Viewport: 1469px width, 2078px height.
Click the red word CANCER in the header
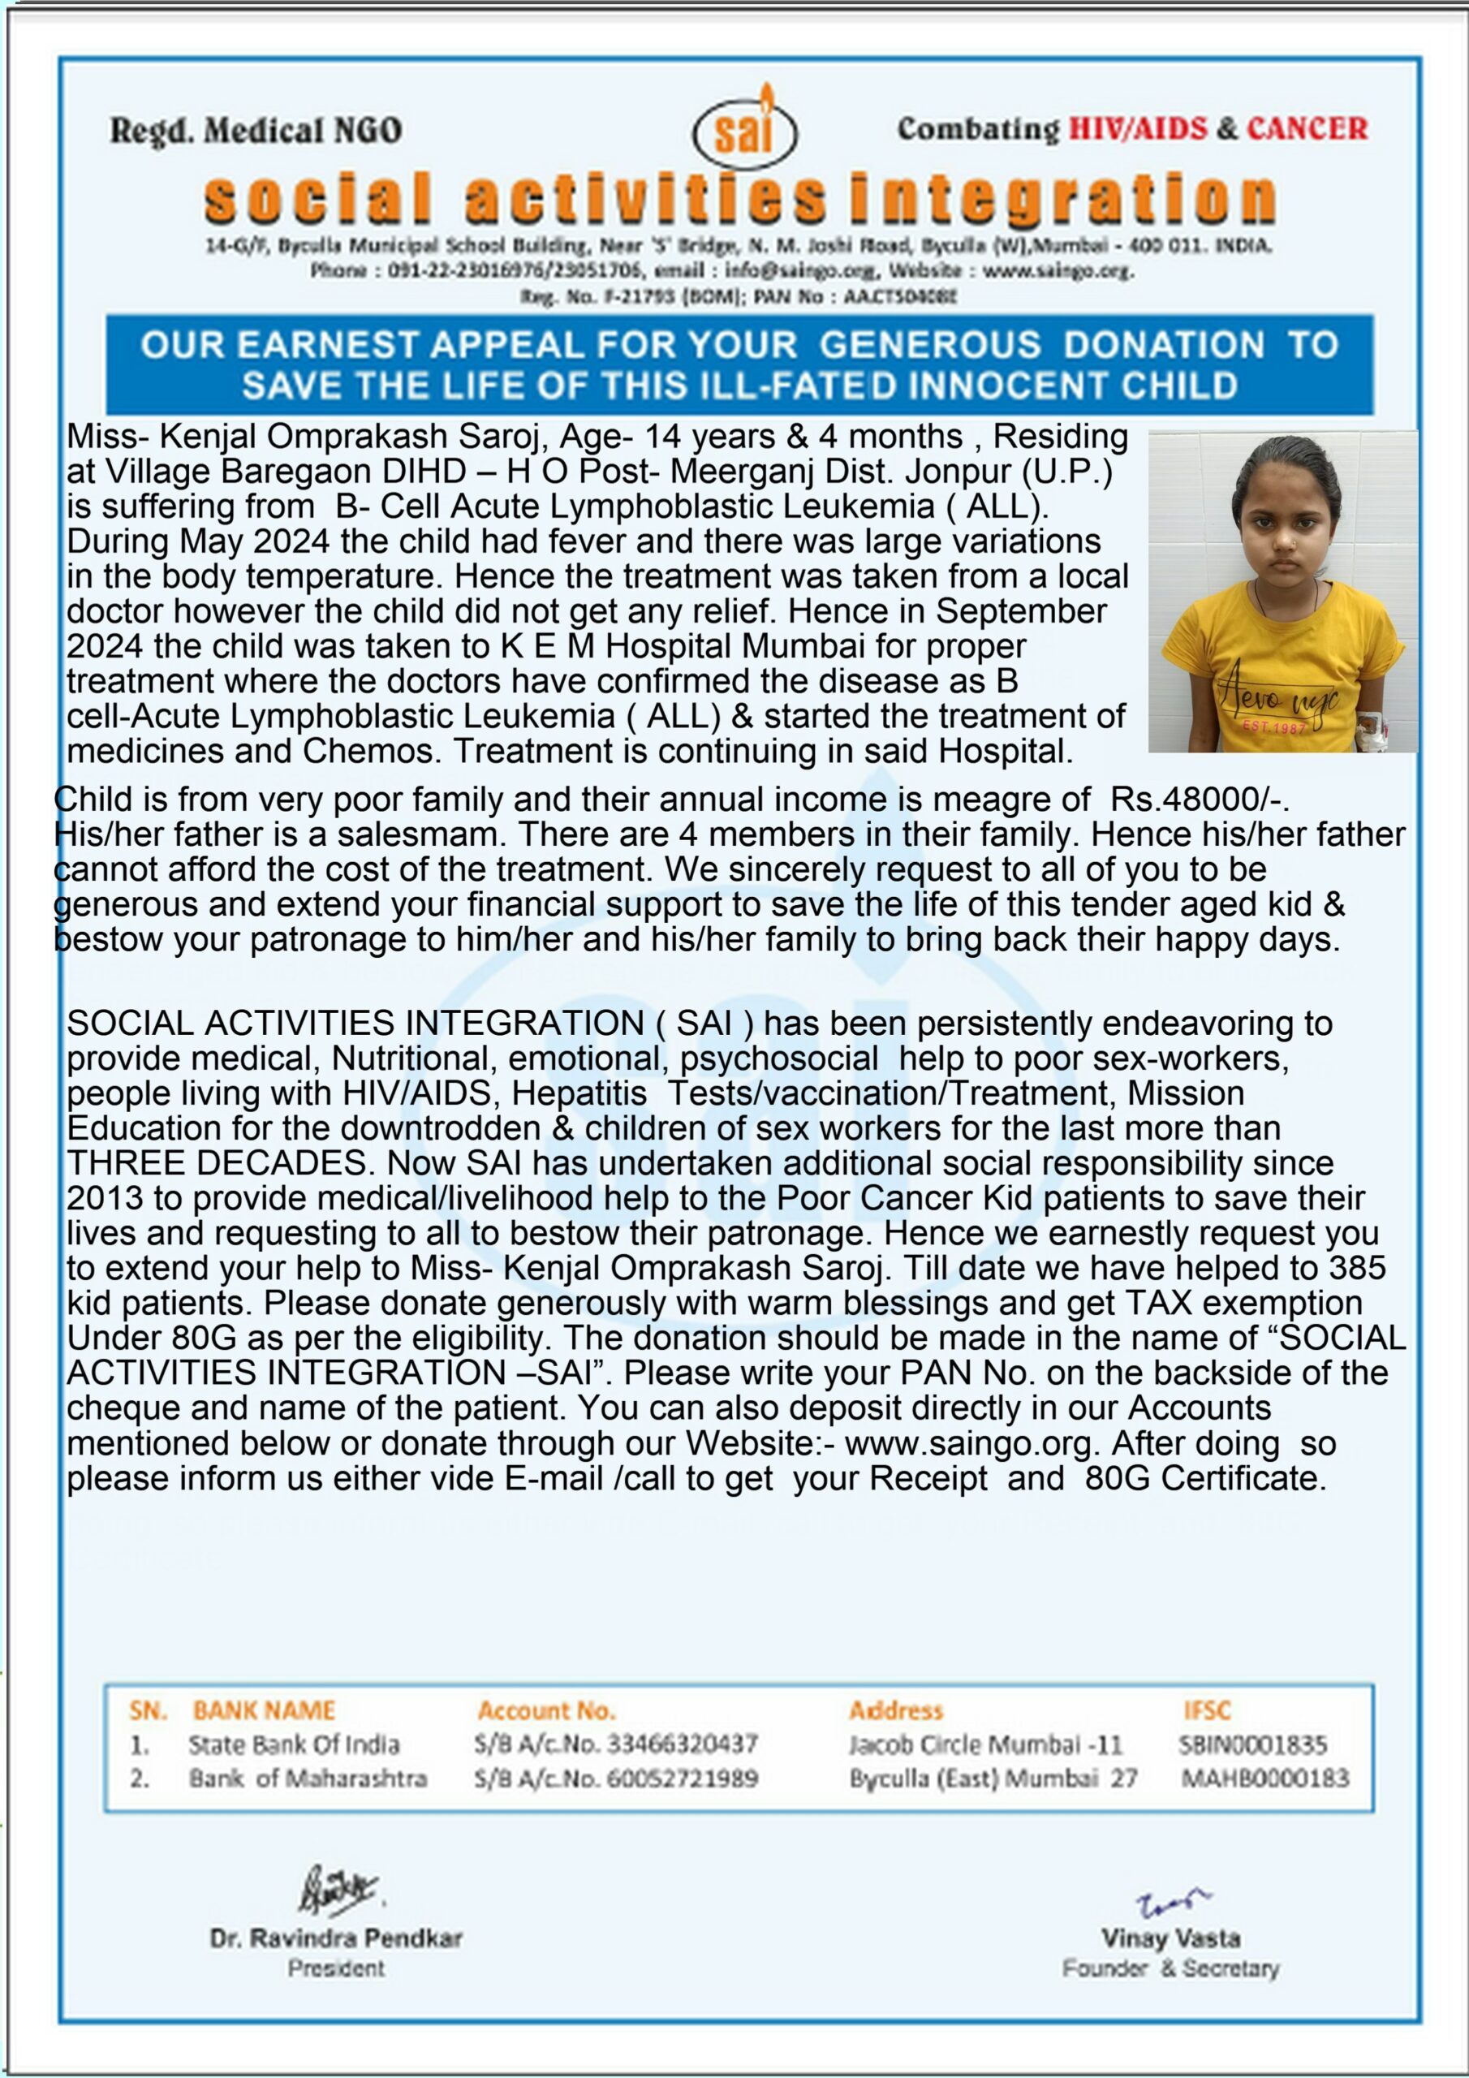click(1307, 129)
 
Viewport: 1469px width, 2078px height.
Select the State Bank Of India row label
click(293, 1745)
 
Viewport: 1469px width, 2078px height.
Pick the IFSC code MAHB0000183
click(1264, 1779)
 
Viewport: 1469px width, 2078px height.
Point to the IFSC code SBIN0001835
click(1252, 1745)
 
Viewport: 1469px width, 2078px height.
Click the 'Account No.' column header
click(545, 1710)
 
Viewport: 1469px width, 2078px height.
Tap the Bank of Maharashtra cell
click(308, 1779)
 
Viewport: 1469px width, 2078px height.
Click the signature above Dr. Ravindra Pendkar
click(338, 1890)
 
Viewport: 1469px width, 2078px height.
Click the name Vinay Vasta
click(1170, 1938)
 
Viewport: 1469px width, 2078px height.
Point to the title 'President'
click(336, 1968)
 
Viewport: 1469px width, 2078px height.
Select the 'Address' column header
click(895, 1710)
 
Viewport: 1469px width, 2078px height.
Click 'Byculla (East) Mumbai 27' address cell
click(993, 1779)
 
